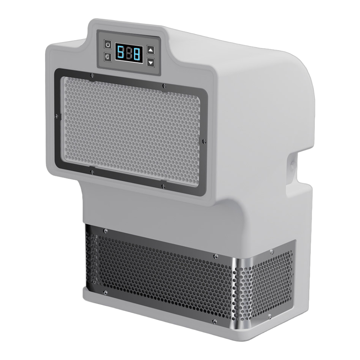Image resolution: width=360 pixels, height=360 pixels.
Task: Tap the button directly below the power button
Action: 108,57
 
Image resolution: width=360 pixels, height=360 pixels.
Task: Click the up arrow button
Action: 150,50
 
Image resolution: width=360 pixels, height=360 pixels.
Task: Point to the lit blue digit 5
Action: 121,52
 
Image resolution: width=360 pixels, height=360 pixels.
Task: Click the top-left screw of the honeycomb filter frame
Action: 92,75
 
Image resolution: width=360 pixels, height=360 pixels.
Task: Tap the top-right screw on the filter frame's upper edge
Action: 164,86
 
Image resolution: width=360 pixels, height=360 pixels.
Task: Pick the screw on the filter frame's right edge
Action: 204,141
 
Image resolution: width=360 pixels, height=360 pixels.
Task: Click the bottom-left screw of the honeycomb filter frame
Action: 92,172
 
